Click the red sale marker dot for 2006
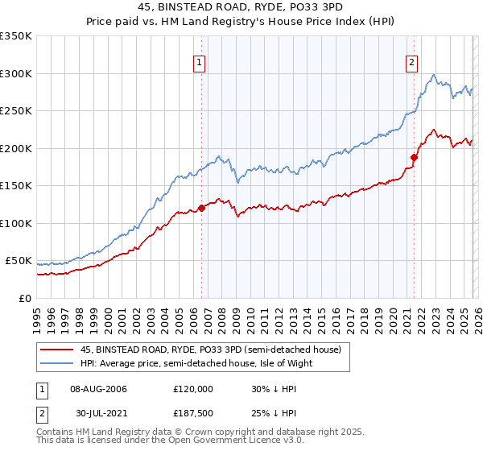click(x=201, y=208)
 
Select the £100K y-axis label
click(x=16, y=223)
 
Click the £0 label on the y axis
click(x=24, y=298)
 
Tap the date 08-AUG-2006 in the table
click(x=98, y=389)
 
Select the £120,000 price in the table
click(x=192, y=389)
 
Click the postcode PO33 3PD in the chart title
click(x=305, y=10)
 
